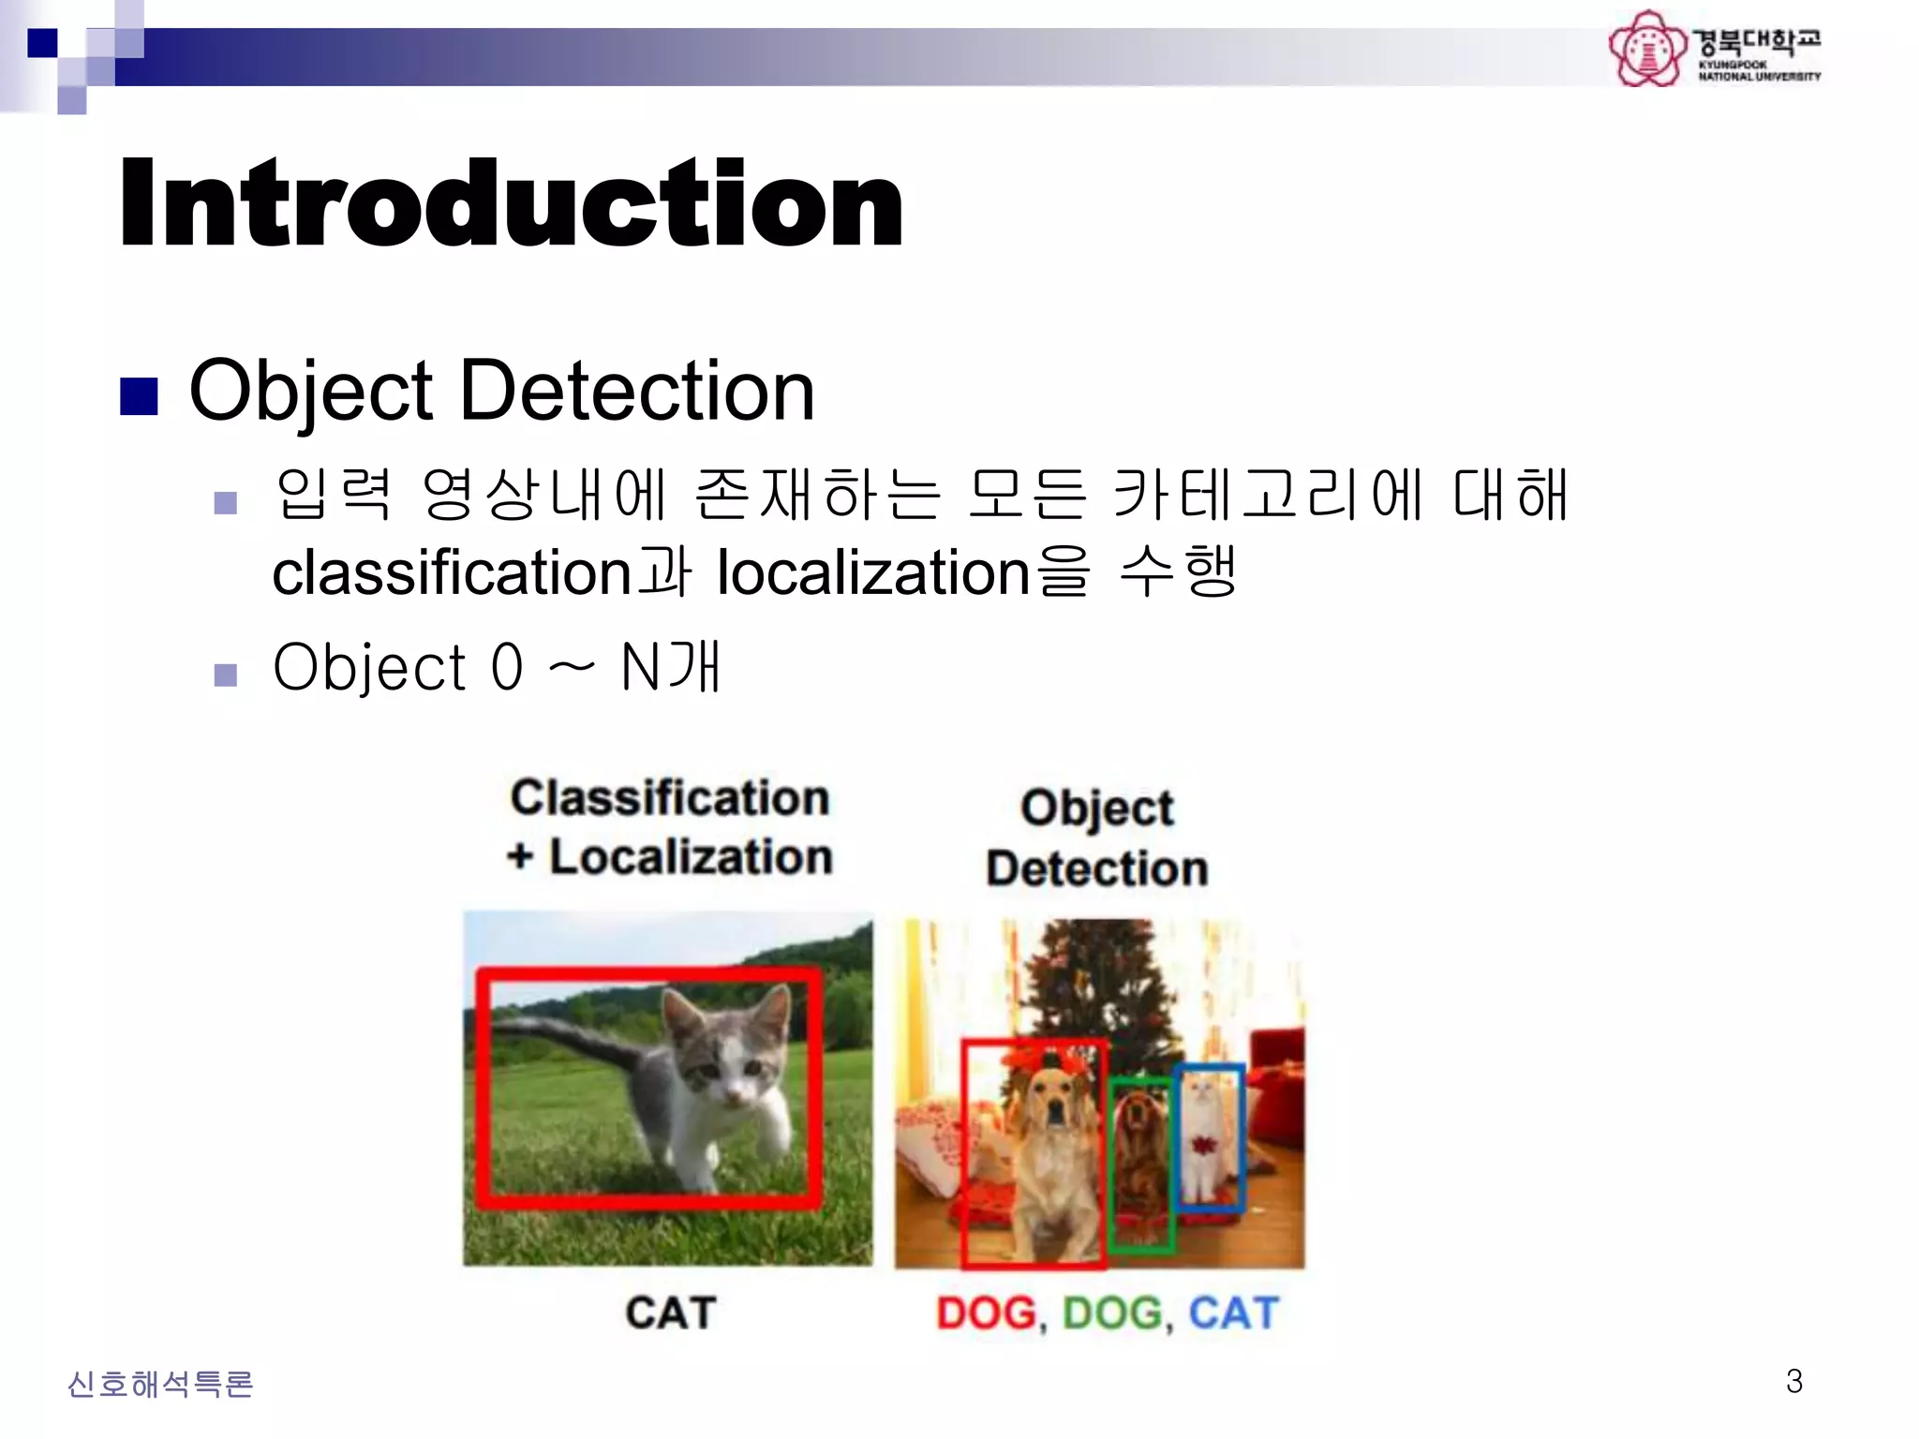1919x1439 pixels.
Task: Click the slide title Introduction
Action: pyautogui.click(x=511, y=203)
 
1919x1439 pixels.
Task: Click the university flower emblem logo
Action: pyautogui.click(x=1646, y=49)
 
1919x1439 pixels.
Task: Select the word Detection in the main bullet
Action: pyautogui.click(x=636, y=391)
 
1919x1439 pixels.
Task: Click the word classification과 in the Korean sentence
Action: pyautogui.click(x=481, y=572)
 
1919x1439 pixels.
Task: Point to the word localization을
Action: pyautogui.click(x=903, y=572)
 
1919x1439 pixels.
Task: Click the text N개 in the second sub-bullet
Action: pyautogui.click(x=671, y=667)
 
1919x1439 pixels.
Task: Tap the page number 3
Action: pyautogui.click(x=1793, y=1381)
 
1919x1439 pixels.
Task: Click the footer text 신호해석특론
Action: pyautogui.click(x=160, y=1384)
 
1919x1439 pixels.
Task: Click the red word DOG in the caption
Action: pyautogui.click(x=986, y=1313)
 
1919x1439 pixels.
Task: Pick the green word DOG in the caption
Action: pyautogui.click(x=1112, y=1313)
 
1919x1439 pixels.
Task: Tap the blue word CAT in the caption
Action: pyautogui.click(x=1233, y=1313)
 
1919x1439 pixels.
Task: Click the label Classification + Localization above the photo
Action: pyautogui.click(x=669, y=827)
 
